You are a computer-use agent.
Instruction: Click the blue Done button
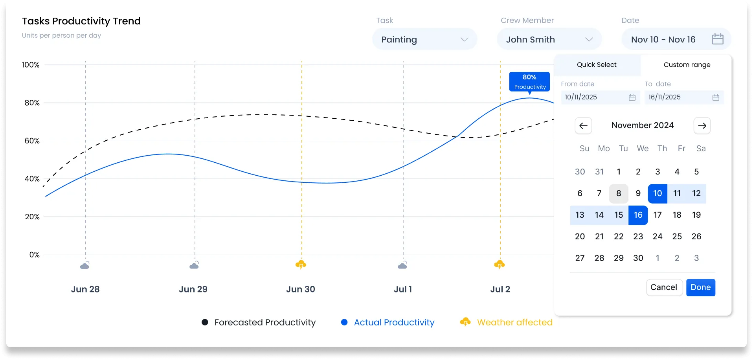tap(700, 287)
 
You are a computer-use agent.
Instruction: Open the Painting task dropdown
tap(424, 39)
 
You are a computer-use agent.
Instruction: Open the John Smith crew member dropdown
tap(549, 39)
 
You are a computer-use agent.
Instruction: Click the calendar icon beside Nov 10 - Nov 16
tap(717, 39)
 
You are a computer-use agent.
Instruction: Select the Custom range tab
tap(687, 65)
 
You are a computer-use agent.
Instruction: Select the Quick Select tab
tap(597, 65)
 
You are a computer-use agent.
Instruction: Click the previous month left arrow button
tap(583, 126)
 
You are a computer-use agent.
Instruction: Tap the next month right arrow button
tap(702, 126)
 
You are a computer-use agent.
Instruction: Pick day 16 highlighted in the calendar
tap(638, 215)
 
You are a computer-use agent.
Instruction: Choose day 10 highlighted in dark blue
tap(657, 193)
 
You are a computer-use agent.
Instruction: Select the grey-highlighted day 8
tap(619, 193)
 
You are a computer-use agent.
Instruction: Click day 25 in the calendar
tap(677, 237)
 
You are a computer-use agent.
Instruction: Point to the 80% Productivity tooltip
tap(529, 82)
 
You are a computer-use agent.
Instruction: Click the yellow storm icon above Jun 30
tap(301, 264)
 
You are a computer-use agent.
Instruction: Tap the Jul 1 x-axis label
tap(403, 289)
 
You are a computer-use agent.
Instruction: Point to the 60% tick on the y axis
tap(32, 141)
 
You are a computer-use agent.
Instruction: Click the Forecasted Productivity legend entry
tap(259, 322)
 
